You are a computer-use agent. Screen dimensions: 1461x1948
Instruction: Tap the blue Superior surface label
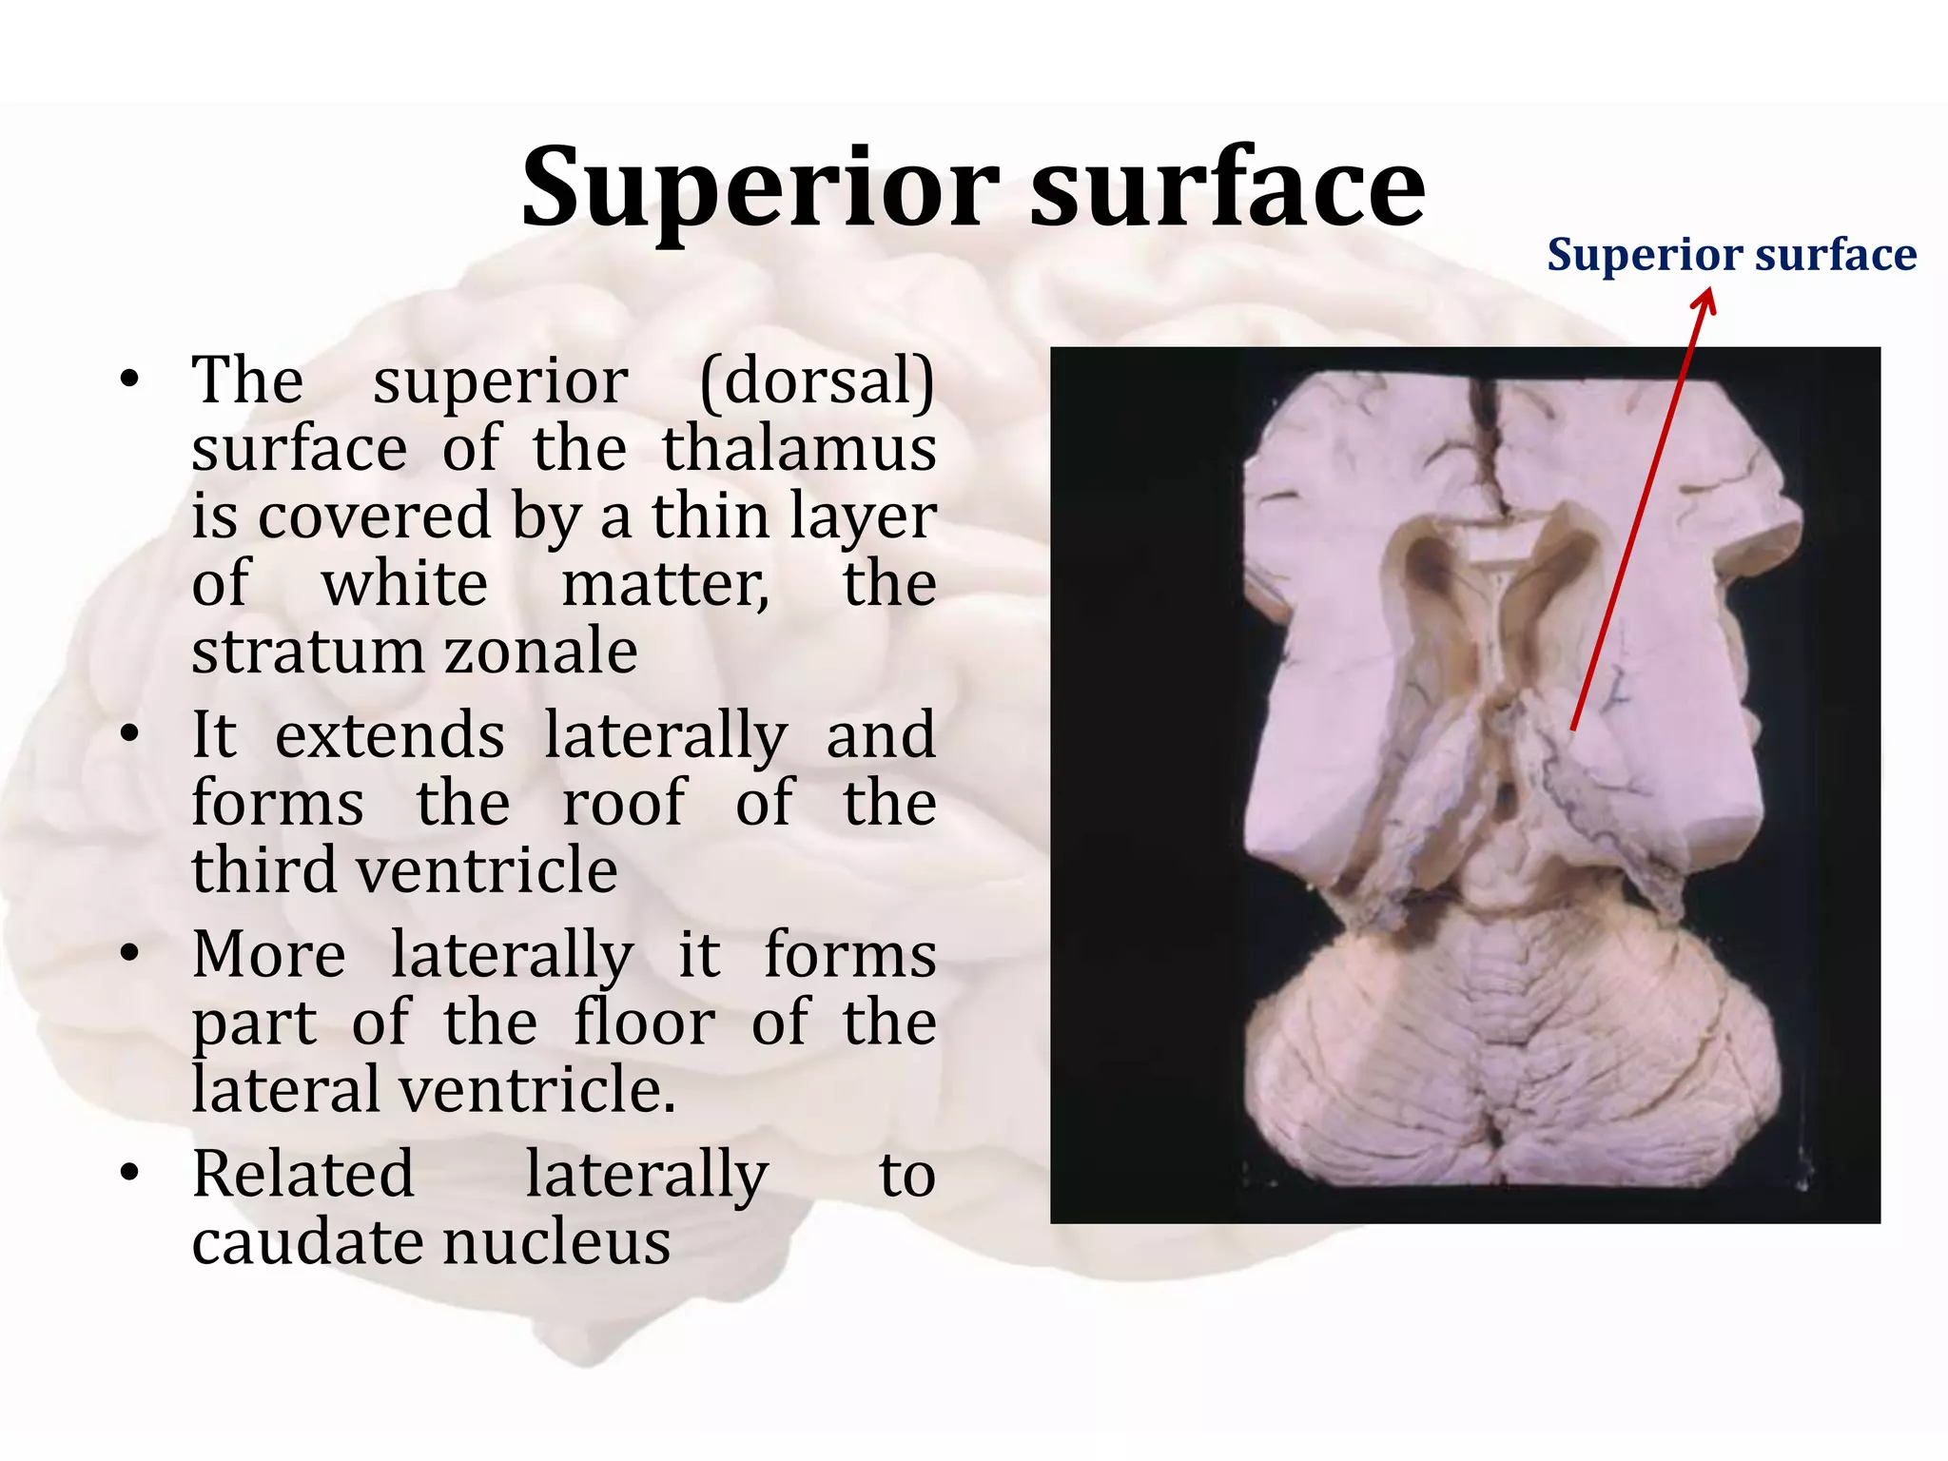pos(1731,255)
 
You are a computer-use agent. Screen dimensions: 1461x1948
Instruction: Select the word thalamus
pos(799,449)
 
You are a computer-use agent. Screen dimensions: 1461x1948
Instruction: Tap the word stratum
pos(307,652)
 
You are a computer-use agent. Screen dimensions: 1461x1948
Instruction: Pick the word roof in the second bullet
pos(623,803)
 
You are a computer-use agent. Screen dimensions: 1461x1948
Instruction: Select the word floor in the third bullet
pos(645,1023)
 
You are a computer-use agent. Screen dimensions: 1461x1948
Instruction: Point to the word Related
pos(303,1175)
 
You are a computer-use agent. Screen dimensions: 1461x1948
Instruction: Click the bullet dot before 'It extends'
pos(130,735)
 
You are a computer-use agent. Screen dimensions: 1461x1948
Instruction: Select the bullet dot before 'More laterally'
pos(130,954)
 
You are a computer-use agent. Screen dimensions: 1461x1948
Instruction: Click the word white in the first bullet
pos(405,584)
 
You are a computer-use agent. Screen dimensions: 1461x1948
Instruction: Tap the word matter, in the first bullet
pos(665,584)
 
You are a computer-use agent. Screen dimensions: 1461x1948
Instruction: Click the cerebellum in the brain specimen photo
pos(1512,1056)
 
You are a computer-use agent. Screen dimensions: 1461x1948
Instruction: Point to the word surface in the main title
pos(1228,187)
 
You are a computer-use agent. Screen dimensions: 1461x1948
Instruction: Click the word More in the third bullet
pos(269,955)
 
